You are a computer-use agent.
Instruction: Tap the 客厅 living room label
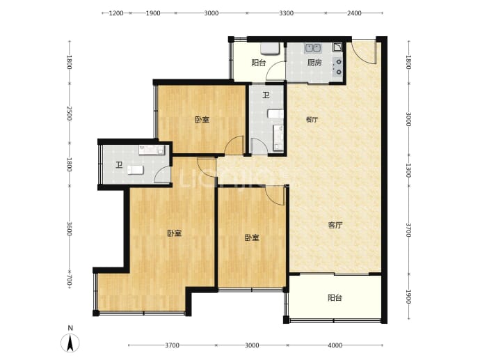(335, 226)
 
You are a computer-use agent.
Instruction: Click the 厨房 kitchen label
(314, 63)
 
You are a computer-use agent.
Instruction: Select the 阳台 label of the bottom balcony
(335, 298)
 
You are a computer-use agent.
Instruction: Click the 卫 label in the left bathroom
(119, 165)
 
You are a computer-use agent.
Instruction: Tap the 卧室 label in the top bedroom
(202, 120)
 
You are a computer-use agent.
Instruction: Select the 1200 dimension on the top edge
(116, 13)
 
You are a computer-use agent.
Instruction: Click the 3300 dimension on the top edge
(286, 13)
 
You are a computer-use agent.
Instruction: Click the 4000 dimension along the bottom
(335, 345)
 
